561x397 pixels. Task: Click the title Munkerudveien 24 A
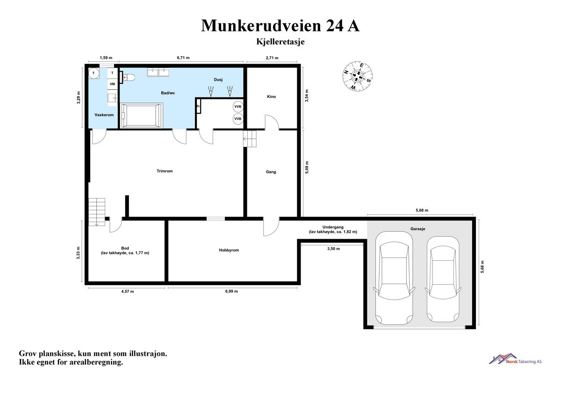tap(280, 26)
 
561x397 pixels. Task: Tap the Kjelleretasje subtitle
tap(280, 42)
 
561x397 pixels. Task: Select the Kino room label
tap(271, 96)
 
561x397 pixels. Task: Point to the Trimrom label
tap(165, 171)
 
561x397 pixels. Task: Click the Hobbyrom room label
tap(229, 250)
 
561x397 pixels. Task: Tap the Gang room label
tap(271, 172)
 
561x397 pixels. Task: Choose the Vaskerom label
tap(104, 115)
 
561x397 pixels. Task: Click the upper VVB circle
tap(238, 107)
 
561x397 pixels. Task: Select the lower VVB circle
tap(238, 119)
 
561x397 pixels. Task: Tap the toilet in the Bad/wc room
tap(129, 78)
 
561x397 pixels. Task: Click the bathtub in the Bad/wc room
tap(142, 115)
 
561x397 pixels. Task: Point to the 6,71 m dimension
tap(183, 58)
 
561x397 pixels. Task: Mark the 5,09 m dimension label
tap(307, 168)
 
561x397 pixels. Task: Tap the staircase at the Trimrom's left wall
tap(97, 212)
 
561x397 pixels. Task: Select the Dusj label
tap(218, 80)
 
